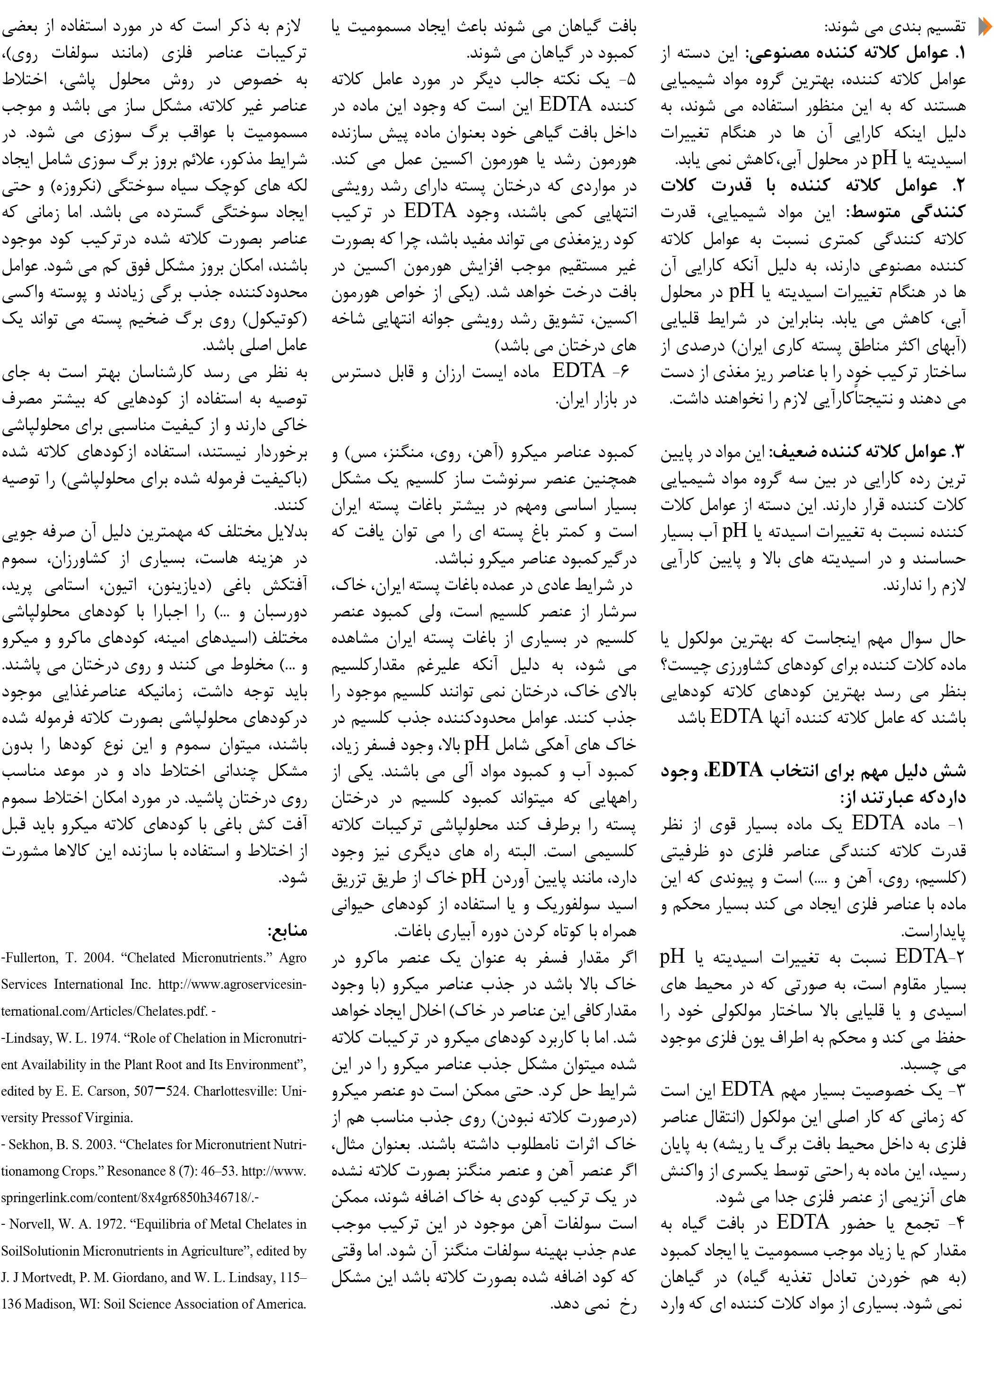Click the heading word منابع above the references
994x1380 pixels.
coord(287,931)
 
